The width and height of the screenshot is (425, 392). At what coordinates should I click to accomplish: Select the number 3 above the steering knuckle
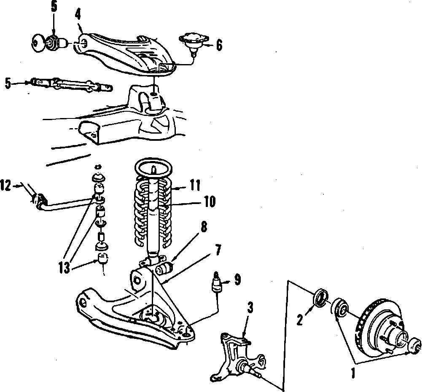click(250, 308)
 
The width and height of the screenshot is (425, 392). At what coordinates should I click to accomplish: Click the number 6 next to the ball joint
click(219, 45)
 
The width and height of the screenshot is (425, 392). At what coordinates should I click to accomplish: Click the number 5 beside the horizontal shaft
click(8, 83)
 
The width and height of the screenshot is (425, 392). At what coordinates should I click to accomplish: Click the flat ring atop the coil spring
click(154, 169)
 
